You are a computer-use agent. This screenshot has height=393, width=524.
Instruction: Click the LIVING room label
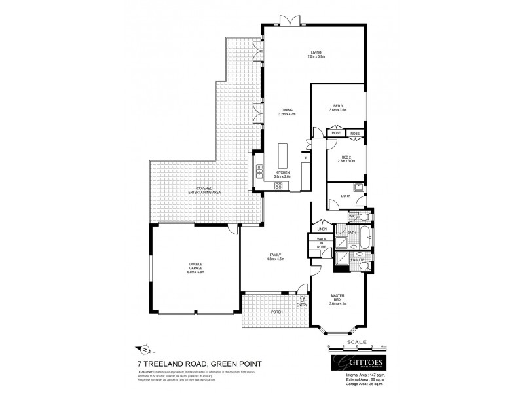pyautogui.click(x=316, y=52)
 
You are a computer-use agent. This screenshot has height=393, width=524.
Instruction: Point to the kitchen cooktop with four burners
pyautogui.click(x=278, y=186)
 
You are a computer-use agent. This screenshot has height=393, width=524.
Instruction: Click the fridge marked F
pyautogui.click(x=306, y=157)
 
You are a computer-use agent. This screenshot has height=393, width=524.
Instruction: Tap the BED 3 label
pyautogui.click(x=338, y=107)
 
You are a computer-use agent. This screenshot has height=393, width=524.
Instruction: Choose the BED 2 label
pyautogui.click(x=346, y=157)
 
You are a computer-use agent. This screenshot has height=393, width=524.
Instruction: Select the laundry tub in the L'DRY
pyautogui.click(x=358, y=187)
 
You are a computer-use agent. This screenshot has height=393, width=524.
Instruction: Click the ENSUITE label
pyautogui.click(x=358, y=260)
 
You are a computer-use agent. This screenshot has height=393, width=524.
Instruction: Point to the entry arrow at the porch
pyautogui.click(x=302, y=299)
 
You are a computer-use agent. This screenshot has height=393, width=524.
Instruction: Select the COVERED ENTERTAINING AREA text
pyautogui.click(x=204, y=191)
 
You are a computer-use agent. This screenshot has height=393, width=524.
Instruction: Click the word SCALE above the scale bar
pyautogui.click(x=357, y=341)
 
